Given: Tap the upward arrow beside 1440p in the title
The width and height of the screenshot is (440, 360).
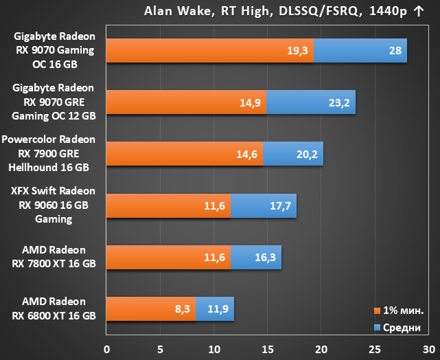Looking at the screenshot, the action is point(419,11).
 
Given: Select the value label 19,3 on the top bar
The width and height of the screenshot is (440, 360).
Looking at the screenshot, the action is point(297,51).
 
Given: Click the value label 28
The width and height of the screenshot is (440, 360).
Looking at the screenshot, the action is point(395,51).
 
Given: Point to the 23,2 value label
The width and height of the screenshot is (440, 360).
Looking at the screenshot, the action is point(339,103).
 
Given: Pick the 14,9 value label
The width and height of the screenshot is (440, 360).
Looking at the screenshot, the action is point(251,103).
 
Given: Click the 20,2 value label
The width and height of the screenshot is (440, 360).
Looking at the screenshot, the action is point(307,155).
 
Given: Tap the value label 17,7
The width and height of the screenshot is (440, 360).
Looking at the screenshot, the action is point(280,206).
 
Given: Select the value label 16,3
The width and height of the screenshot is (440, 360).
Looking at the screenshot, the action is point(265,257).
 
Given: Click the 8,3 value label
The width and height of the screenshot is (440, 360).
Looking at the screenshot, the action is point(183,309).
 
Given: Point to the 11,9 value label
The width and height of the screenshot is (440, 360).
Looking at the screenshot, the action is point(218,309).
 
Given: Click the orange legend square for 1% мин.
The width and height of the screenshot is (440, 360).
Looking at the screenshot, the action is point(377,311).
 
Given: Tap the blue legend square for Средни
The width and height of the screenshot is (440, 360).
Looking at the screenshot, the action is point(377,328).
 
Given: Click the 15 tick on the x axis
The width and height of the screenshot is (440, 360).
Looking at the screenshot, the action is point(268,349).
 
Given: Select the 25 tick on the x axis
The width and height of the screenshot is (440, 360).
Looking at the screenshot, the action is point(375,349).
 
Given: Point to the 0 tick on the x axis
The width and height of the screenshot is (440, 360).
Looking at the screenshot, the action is point(106,349).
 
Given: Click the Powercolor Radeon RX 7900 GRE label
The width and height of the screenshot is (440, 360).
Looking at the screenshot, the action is point(49,153).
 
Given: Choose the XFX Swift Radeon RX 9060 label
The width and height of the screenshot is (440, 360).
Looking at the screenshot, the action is point(54,205).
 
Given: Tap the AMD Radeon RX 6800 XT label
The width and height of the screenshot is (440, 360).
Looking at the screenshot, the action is point(54,308).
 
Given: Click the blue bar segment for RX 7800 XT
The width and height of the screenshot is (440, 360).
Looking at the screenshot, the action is point(256,257).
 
